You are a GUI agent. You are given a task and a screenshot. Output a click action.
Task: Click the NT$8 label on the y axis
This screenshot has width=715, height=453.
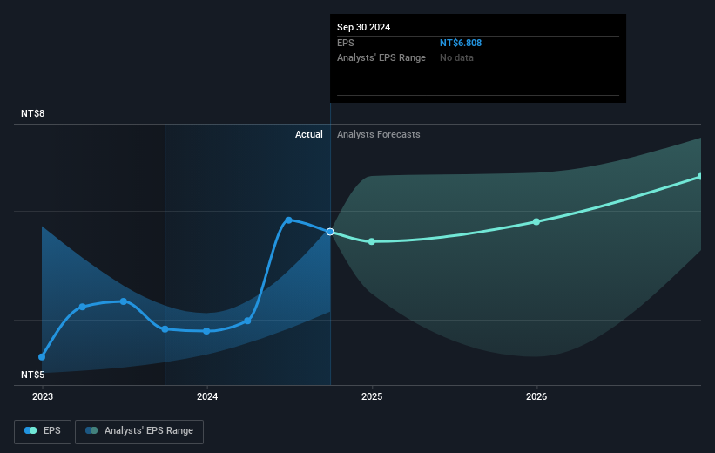(33, 114)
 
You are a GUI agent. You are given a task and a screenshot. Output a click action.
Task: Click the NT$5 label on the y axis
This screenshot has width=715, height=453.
(33, 375)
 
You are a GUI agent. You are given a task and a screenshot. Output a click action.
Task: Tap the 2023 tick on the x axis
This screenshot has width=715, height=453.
(42, 396)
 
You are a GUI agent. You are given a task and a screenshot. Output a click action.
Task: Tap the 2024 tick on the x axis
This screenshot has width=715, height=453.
(207, 396)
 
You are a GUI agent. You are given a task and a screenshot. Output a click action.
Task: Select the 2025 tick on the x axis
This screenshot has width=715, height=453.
(372, 396)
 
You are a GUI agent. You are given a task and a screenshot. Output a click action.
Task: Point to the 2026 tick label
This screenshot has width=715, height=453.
(536, 396)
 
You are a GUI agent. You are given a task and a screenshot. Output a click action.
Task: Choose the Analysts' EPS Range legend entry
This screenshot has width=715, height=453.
(139, 431)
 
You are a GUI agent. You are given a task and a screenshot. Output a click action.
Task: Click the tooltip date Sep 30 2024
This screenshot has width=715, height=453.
(363, 27)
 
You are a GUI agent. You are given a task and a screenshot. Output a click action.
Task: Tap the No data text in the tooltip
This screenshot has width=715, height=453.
(456, 57)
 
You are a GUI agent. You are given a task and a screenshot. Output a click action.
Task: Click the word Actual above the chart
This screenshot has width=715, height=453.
(308, 134)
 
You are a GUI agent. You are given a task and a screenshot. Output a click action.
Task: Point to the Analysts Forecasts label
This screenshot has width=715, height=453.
(378, 134)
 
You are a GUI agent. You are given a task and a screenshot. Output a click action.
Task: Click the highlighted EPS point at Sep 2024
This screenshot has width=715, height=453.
(330, 232)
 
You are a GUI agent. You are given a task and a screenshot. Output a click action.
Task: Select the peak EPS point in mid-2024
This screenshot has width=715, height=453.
(288, 220)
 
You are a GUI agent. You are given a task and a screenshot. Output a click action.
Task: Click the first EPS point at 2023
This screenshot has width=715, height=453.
(42, 356)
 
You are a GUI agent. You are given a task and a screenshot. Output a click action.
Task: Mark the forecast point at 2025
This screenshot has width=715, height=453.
(372, 241)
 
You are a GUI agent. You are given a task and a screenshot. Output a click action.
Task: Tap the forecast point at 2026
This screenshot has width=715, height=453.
(536, 221)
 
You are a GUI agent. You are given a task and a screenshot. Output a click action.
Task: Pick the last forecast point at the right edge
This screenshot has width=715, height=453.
(699, 177)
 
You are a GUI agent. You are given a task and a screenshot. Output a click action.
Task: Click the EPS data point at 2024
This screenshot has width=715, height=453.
(206, 331)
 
